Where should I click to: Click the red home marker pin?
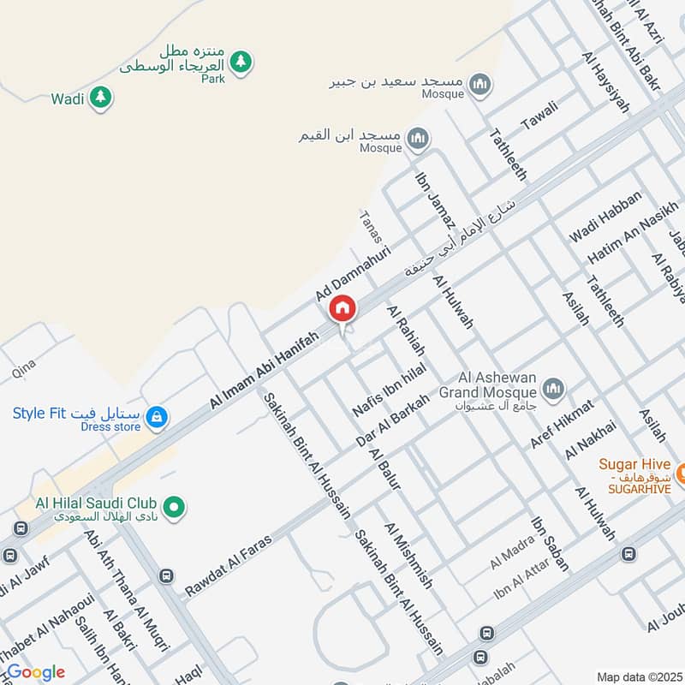342,308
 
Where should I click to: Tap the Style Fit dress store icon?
156,417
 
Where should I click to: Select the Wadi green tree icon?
102,98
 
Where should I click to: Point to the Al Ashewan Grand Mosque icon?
553,389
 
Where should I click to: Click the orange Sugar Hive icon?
682,473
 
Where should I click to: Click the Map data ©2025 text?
638,676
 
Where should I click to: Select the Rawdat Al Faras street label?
228,565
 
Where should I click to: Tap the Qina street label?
24,369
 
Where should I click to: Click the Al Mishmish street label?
409,556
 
